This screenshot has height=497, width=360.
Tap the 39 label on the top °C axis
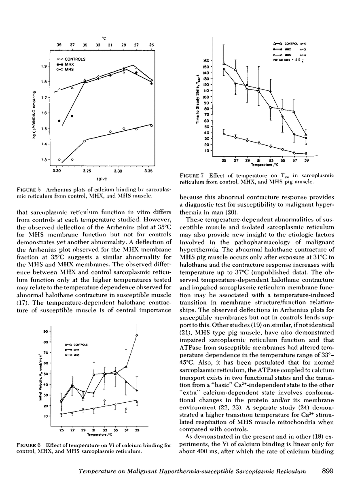[x=59, y=45]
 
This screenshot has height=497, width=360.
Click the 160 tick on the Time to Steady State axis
[x=205, y=61]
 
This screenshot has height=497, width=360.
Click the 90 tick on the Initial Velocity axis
[x=46, y=331]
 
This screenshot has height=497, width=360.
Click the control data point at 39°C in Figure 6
[x=137, y=335]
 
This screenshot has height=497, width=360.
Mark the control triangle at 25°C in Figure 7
[x=224, y=63]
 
